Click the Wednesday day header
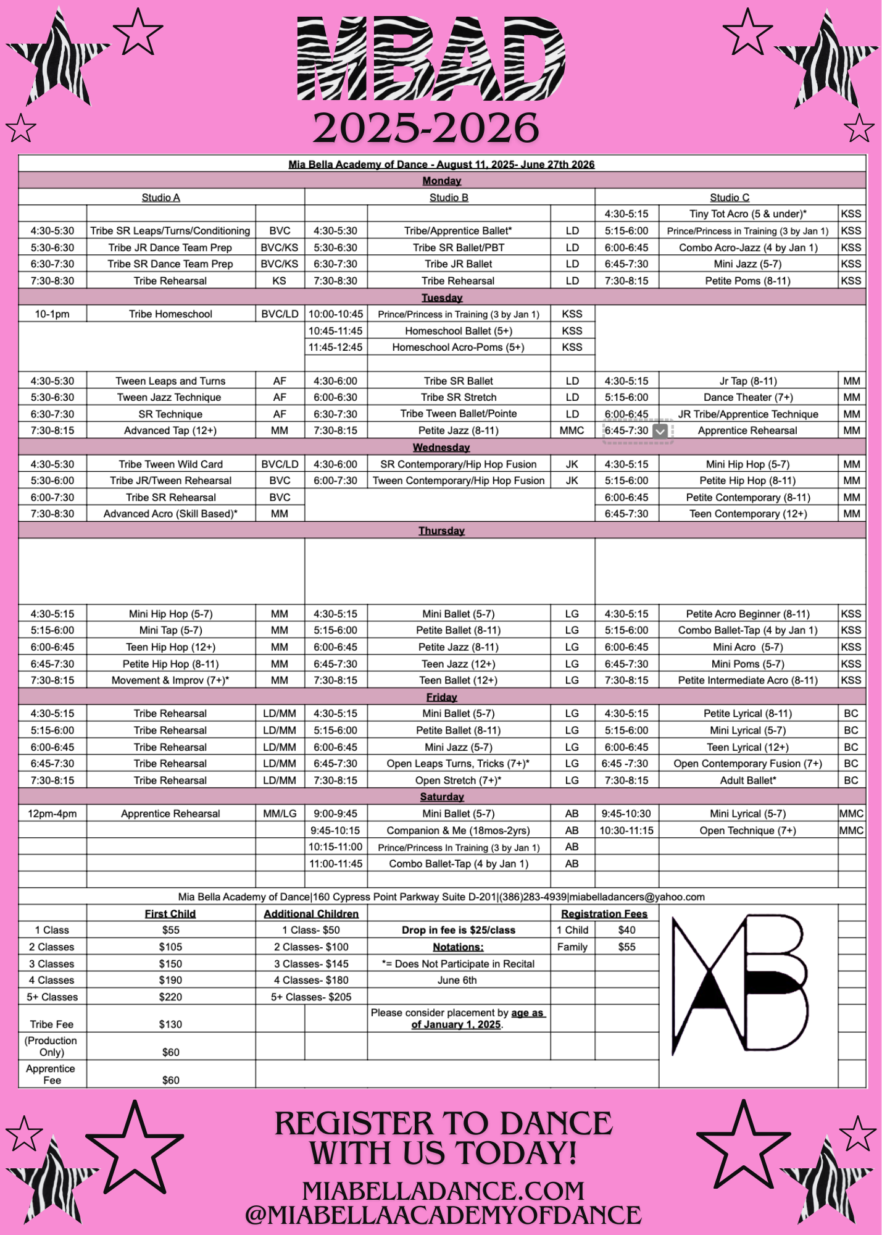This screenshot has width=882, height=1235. (x=441, y=447)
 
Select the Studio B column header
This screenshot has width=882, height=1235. (x=449, y=198)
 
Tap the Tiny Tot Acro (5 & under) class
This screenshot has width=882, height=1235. (x=747, y=214)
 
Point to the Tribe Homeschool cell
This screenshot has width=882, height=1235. (x=170, y=314)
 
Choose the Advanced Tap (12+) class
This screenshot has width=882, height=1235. (x=170, y=430)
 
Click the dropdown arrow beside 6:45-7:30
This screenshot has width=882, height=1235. (x=660, y=431)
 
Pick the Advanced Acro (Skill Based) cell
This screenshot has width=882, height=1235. (x=170, y=514)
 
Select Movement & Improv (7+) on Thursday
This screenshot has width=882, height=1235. (x=170, y=680)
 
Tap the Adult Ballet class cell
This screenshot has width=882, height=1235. (x=747, y=781)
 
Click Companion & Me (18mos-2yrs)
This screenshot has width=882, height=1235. (x=458, y=831)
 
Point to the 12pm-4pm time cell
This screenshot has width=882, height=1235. (x=52, y=814)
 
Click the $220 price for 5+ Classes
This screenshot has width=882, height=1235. (x=170, y=997)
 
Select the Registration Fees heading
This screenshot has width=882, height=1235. (x=604, y=914)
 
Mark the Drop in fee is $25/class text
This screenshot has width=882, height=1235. (x=458, y=931)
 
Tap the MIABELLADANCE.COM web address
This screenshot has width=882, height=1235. (x=443, y=1191)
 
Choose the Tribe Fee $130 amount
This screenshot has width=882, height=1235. (x=170, y=1024)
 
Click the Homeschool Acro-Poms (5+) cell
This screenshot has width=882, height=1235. (x=458, y=348)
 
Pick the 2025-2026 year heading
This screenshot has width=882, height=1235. (x=426, y=128)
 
